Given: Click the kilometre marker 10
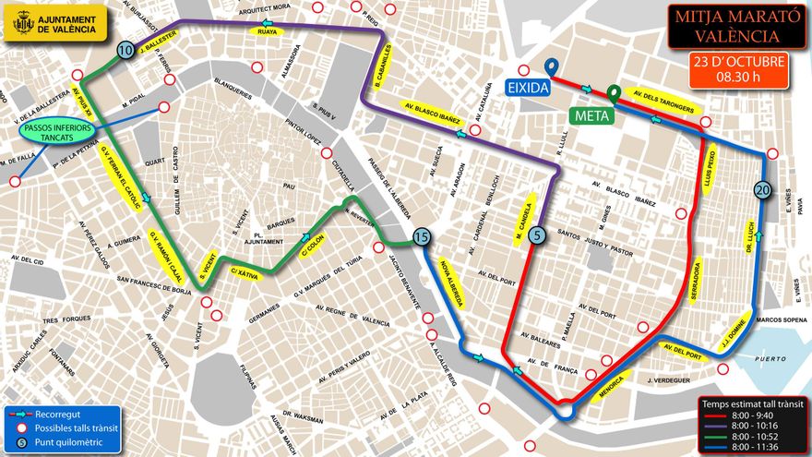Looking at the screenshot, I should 125,50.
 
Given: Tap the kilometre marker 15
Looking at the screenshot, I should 422,236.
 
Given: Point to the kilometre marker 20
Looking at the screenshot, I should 761,189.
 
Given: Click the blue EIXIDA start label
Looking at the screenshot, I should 528,87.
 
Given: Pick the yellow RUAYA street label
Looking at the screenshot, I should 268,31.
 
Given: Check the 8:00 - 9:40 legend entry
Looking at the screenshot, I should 751,415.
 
